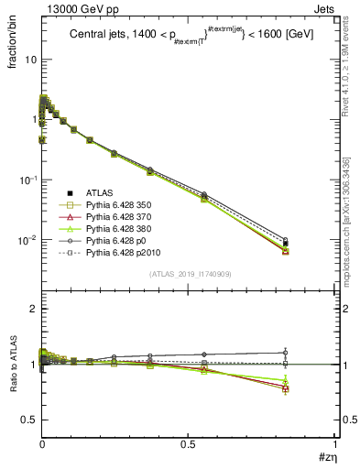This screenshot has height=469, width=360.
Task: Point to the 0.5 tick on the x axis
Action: (x=189, y=443)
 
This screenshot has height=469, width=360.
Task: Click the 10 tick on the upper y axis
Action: (x=31, y=59)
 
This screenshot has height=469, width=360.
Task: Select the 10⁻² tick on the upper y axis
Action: (x=27, y=240)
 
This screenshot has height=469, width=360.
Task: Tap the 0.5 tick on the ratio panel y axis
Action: (x=28, y=420)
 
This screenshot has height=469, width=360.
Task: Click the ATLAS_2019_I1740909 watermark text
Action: (x=189, y=274)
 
